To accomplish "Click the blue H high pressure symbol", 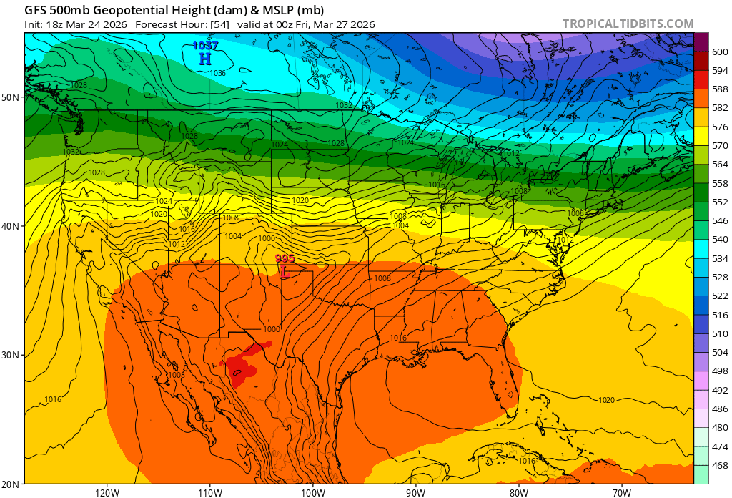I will tap(205, 59).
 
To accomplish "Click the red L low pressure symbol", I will tap(285, 272).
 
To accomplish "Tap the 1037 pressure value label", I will tap(205, 47).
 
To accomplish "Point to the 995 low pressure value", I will tap(285, 259).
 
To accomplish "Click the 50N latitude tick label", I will tap(12, 97).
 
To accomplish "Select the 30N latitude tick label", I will tap(12, 355).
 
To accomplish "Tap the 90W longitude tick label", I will tap(415, 492).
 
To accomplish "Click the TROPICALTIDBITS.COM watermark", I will tap(628, 24).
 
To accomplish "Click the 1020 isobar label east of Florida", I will tap(606, 400).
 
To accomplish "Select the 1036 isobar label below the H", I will tap(218, 73).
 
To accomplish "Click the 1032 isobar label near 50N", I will tap(344, 105).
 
